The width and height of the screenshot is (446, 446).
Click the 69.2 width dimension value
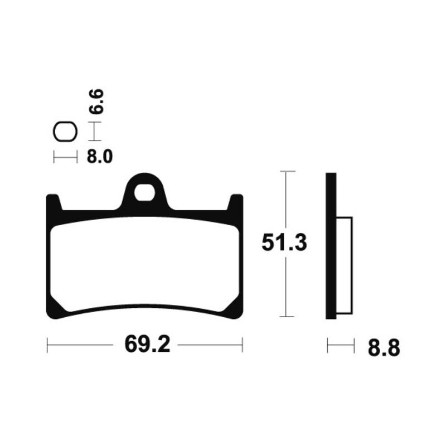tap(147, 345)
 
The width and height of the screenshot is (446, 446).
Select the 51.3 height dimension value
tap(284, 244)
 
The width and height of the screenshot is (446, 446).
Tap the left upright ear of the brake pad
tap(54, 203)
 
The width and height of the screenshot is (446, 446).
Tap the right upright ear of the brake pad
tap(236, 203)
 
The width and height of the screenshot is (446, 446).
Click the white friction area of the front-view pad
tap(145, 262)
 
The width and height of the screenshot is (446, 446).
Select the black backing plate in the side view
tap(331, 245)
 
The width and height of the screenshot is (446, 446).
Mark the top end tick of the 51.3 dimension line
tap(286, 171)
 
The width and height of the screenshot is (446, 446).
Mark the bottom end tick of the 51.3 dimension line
tap(286, 317)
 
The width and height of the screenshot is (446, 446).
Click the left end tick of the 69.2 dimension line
tap(48, 345)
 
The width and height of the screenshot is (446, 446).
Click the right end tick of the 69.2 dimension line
tap(243, 345)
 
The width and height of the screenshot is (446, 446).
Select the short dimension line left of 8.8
tap(341, 346)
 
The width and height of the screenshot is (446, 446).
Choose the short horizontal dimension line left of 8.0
tap(65, 158)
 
